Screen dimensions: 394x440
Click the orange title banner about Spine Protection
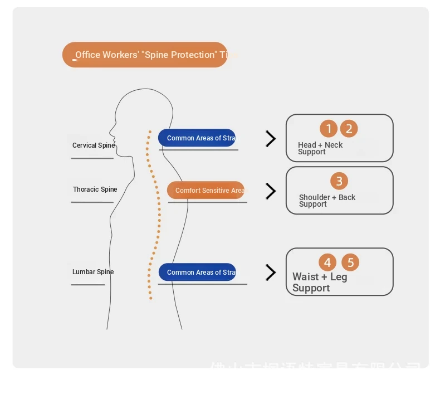pyautogui.click(x=145, y=55)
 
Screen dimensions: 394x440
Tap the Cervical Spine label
pyautogui.click(x=93, y=145)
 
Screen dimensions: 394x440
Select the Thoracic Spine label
pyautogui.click(x=95, y=189)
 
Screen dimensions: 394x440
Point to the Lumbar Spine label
pyautogui.click(x=93, y=272)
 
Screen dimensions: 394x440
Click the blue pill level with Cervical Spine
pyautogui.click(x=197, y=138)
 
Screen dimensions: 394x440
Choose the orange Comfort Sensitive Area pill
pyautogui.click(x=206, y=190)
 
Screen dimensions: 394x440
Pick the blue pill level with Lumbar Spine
pyautogui.click(x=197, y=272)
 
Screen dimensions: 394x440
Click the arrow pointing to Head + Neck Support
pyautogui.click(x=271, y=139)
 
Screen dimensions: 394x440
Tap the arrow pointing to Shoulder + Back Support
pyautogui.click(x=271, y=191)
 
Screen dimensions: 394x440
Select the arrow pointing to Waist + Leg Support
pyautogui.click(x=271, y=273)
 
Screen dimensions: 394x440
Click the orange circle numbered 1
pyautogui.click(x=329, y=129)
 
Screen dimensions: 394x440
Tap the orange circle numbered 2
pyautogui.click(x=349, y=129)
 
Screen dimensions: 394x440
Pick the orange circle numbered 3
pyautogui.click(x=339, y=181)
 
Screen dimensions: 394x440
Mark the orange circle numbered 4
pyautogui.click(x=327, y=262)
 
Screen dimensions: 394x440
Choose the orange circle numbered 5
pyautogui.click(x=350, y=262)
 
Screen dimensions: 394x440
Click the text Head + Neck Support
pyautogui.click(x=320, y=148)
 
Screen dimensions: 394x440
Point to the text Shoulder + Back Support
pyautogui.click(x=326, y=201)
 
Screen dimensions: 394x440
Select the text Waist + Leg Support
pyautogui.click(x=319, y=282)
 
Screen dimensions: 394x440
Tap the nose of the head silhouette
pyautogui.click(x=110, y=135)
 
